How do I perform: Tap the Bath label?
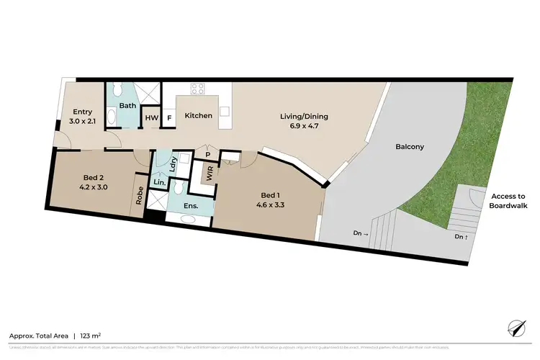point(127,106)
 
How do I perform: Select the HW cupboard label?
point(152,118)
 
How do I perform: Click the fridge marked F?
point(168,118)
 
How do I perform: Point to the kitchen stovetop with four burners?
point(199,89)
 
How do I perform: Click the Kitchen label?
point(199,115)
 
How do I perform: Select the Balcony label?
point(410,147)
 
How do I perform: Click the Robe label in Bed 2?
point(139,197)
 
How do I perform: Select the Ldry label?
point(174,164)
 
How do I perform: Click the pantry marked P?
point(207,154)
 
